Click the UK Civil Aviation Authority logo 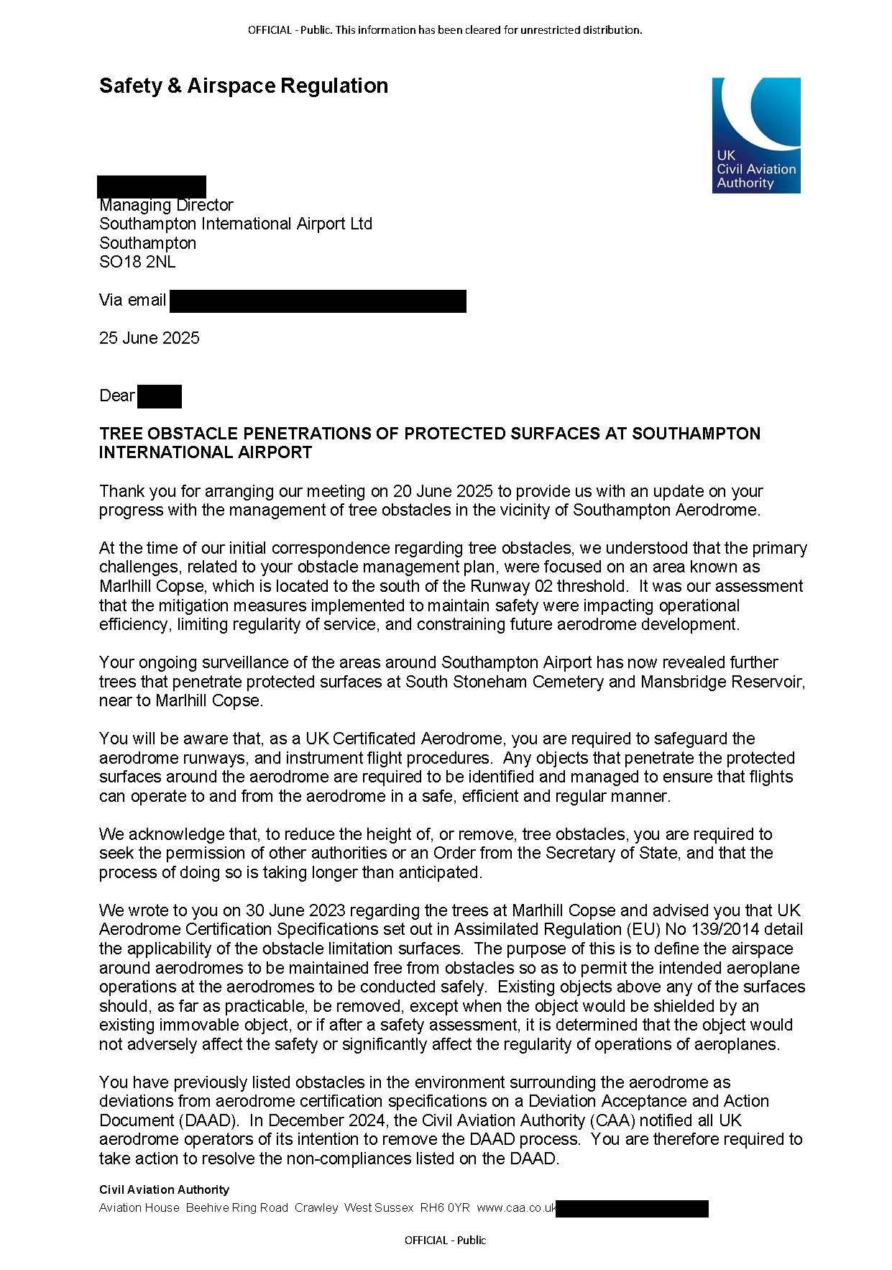coord(756,135)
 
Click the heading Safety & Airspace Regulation coord(244,86)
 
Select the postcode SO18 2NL coord(137,262)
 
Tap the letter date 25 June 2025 coord(150,339)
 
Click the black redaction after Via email coord(318,301)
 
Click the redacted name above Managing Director coord(152,186)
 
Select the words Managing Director coord(166,206)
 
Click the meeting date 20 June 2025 coord(443,492)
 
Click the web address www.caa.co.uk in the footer coord(516,1208)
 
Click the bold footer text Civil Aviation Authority coord(164,1190)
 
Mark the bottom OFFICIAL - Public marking coord(446,1241)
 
